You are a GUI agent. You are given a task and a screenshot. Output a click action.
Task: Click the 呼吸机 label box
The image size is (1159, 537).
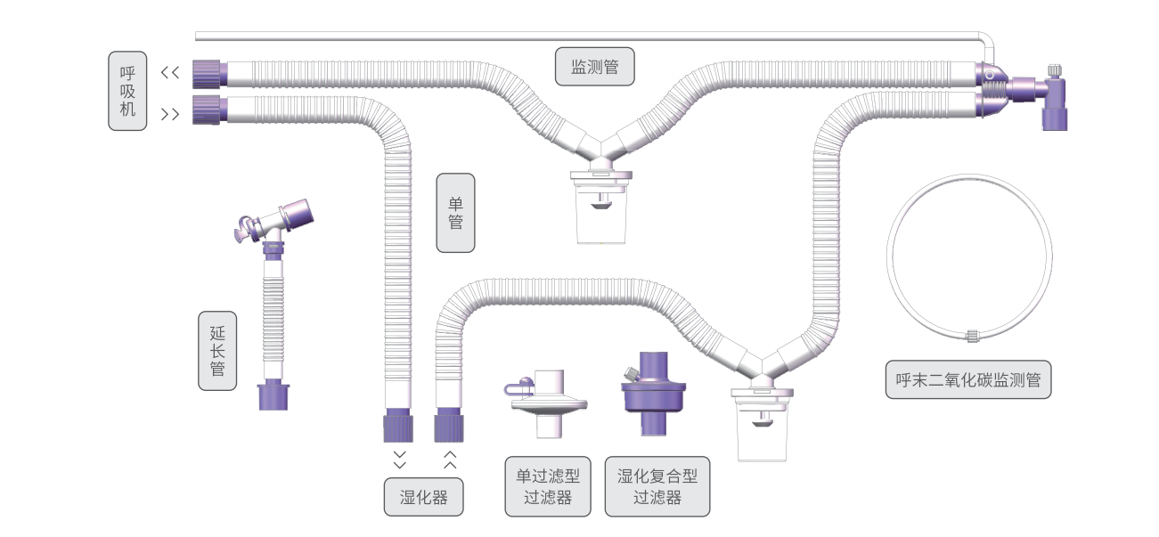127,91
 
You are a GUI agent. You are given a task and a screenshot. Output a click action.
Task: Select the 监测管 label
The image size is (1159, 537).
595,66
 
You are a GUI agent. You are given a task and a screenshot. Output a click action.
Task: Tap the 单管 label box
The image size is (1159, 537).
455,213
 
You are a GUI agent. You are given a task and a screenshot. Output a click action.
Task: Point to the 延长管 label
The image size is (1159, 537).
217,350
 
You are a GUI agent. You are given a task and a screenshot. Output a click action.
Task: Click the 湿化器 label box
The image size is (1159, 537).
424,497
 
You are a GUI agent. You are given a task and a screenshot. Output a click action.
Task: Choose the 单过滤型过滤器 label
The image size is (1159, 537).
548,486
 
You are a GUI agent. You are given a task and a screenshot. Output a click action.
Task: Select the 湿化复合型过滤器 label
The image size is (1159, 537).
657,486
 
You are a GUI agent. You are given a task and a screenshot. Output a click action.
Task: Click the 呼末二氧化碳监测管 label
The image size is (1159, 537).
968,379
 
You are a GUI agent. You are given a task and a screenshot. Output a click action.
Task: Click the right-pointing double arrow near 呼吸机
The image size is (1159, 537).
170,114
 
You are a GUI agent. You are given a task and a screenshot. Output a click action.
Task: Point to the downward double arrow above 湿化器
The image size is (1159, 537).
399,460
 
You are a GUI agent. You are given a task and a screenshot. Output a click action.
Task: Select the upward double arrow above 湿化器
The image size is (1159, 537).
450,460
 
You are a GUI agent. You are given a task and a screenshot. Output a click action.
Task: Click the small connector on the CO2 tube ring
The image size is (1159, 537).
972,336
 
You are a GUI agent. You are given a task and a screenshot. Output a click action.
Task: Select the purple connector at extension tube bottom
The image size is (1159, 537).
275,396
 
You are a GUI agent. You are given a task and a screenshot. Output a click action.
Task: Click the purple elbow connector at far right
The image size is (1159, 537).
1053,100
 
